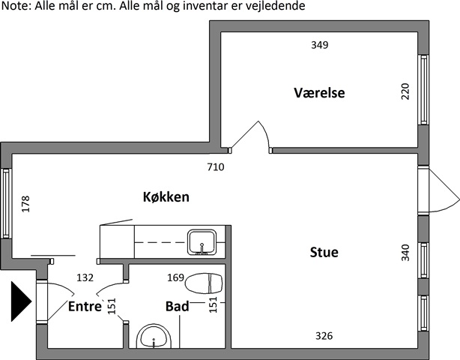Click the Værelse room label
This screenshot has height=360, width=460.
coord(319,93)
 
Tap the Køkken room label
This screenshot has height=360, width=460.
coord(166,196)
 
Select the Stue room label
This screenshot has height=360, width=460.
coord(324,252)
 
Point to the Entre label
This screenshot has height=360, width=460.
coord(85,307)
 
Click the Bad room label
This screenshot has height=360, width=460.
coord(178,306)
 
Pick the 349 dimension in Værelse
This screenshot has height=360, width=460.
coord(320,45)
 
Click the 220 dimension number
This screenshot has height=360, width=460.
coord(405,91)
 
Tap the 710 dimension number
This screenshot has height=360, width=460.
coord(216,167)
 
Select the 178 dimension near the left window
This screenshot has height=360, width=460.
coord(25,204)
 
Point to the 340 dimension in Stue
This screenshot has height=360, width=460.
coord(405,253)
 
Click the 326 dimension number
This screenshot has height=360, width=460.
coord(324,336)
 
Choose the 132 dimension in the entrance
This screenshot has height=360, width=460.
coord(85,277)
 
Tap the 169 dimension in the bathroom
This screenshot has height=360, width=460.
coord(176,277)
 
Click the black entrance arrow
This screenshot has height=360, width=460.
coord(20,301)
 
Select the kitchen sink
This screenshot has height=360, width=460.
coord(202,242)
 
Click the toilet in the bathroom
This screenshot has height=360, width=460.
coord(204,283)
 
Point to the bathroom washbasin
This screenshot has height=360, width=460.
coord(154,336)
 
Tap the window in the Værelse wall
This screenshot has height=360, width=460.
coord(423,89)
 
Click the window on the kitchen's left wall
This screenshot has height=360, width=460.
coord(6,203)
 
